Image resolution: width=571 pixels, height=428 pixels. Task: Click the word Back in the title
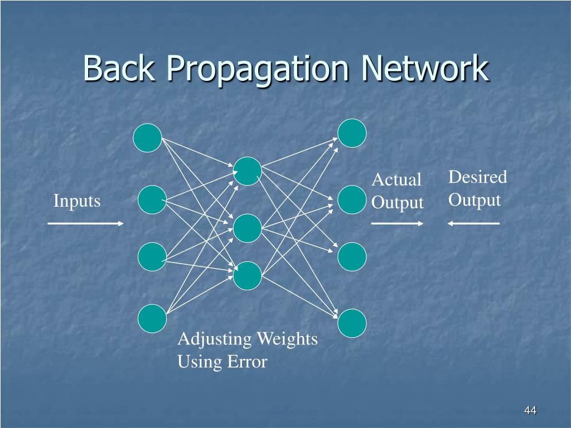pyautogui.click(x=118, y=69)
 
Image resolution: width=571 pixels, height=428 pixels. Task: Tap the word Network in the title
pyautogui.click(x=425, y=69)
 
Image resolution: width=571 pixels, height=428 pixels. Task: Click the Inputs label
pyautogui.click(x=77, y=201)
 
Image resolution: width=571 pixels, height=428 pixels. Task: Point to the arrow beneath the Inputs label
pyautogui.click(x=85, y=223)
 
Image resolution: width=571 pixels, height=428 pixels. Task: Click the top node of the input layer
pyautogui.click(x=148, y=138)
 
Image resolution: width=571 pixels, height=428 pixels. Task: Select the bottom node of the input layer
pyautogui.click(x=152, y=318)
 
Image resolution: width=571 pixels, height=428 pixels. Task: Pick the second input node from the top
pyautogui.click(x=152, y=200)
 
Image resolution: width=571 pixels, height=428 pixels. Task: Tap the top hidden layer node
pyautogui.click(x=248, y=171)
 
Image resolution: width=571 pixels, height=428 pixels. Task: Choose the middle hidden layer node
pyautogui.click(x=248, y=228)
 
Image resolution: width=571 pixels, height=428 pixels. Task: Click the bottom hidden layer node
pyautogui.click(x=248, y=276)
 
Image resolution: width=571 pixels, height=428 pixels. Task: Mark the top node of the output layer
pyautogui.click(x=352, y=134)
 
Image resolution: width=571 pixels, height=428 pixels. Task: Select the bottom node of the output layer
pyautogui.click(x=352, y=323)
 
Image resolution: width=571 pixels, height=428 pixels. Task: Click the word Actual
pyautogui.click(x=396, y=180)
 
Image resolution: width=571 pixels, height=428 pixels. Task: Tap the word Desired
pyautogui.click(x=477, y=178)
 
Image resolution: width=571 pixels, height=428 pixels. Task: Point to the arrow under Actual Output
pyautogui.click(x=398, y=223)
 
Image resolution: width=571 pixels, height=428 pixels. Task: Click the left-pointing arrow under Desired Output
pyautogui.click(x=473, y=223)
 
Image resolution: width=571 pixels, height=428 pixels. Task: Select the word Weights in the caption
pyautogui.click(x=288, y=339)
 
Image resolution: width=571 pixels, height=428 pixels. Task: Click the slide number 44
pyautogui.click(x=530, y=411)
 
